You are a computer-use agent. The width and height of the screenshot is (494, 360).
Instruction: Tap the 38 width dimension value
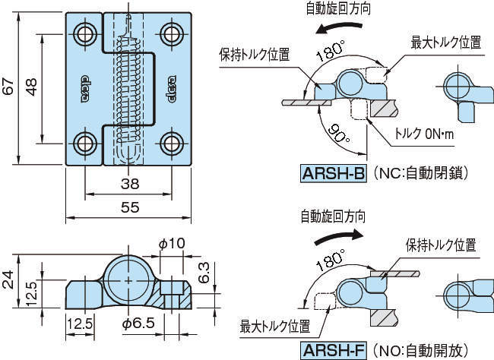tap(128, 183)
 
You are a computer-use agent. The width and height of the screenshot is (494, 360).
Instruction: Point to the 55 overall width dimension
tap(128, 207)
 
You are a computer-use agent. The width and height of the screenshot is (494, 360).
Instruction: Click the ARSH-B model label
tap(333, 174)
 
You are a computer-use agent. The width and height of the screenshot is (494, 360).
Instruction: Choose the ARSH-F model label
tap(334, 350)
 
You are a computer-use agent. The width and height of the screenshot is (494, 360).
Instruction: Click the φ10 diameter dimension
tap(172, 243)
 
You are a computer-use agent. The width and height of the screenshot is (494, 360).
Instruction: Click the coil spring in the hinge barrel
tap(128, 87)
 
